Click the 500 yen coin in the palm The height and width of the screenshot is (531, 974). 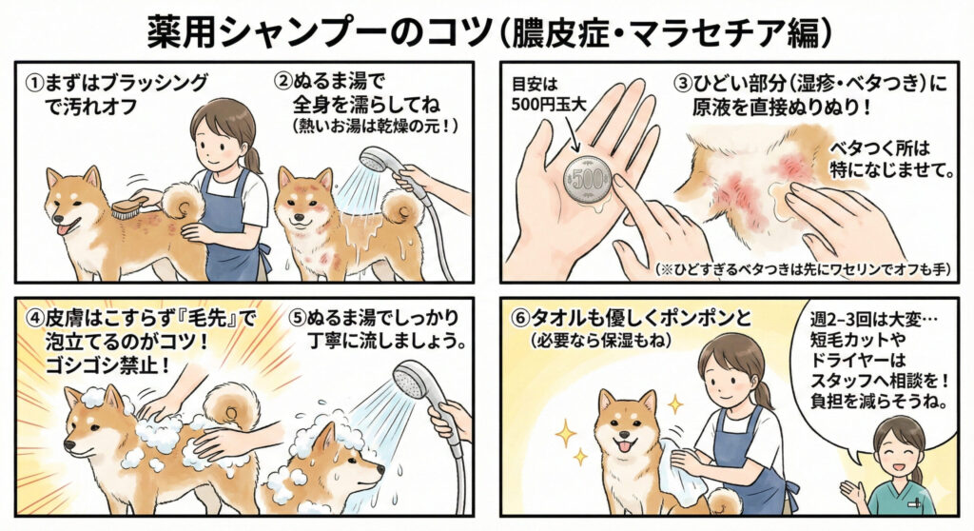(x=588, y=180)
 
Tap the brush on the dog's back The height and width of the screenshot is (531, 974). (x=129, y=207)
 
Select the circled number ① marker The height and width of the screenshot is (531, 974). (x=33, y=83)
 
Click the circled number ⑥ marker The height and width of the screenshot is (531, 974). (x=519, y=318)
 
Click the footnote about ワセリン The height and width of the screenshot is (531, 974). (x=804, y=270)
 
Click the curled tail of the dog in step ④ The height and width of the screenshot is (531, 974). (x=233, y=405)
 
